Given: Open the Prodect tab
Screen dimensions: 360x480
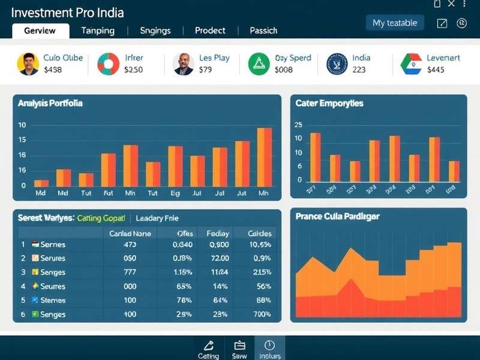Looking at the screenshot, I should (x=210, y=30).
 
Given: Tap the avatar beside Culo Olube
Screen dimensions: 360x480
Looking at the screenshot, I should (x=28, y=63).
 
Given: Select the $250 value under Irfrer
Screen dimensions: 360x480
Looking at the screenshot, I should (x=133, y=70).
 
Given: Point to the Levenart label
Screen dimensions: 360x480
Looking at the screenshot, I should (x=443, y=58).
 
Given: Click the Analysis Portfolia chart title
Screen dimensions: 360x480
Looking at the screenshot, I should (x=50, y=103).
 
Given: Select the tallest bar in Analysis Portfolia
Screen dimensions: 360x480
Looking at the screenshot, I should (x=265, y=157).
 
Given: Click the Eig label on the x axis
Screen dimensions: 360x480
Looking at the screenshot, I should (x=175, y=193).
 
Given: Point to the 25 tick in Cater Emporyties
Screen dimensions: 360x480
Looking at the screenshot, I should (x=298, y=125).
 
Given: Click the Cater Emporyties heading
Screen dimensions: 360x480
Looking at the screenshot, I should (x=329, y=103).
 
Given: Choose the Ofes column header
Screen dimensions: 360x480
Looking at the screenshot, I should (x=185, y=233).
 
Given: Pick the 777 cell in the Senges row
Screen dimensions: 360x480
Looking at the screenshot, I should (x=130, y=272).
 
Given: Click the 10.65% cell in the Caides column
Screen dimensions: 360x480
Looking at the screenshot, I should (x=260, y=244).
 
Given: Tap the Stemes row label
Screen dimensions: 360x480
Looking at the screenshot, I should (x=52, y=300).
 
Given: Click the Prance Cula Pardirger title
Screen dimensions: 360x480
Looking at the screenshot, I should (x=337, y=216).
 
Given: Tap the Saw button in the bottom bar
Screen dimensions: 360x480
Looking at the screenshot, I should (x=239, y=349).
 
